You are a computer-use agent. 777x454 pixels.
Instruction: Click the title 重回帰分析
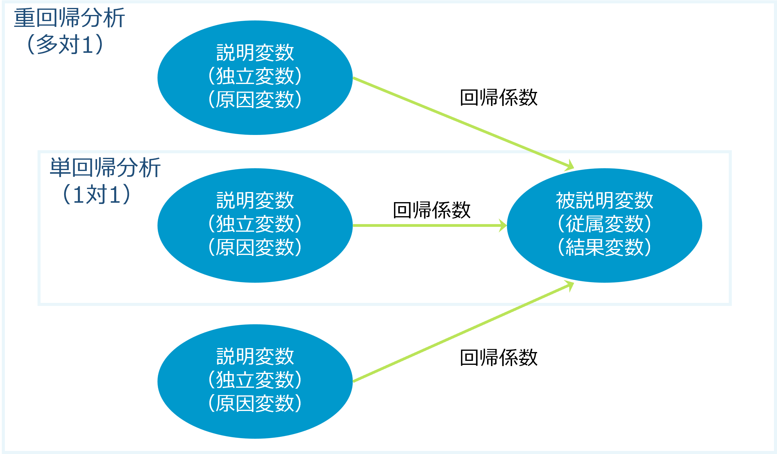click(x=69, y=18)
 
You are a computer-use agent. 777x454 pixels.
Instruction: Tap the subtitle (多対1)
click(x=65, y=44)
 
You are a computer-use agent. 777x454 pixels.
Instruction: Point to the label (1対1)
click(x=96, y=194)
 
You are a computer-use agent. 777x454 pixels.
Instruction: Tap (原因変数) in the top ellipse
click(x=255, y=99)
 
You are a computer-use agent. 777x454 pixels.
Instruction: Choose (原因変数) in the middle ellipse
click(x=255, y=247)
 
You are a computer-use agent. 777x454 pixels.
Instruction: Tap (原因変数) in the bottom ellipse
click(x=255, y=403)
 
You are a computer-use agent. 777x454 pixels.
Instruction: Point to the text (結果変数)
click(x=604, y=247)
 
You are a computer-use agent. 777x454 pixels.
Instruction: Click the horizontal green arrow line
click(x=425, y=225)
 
